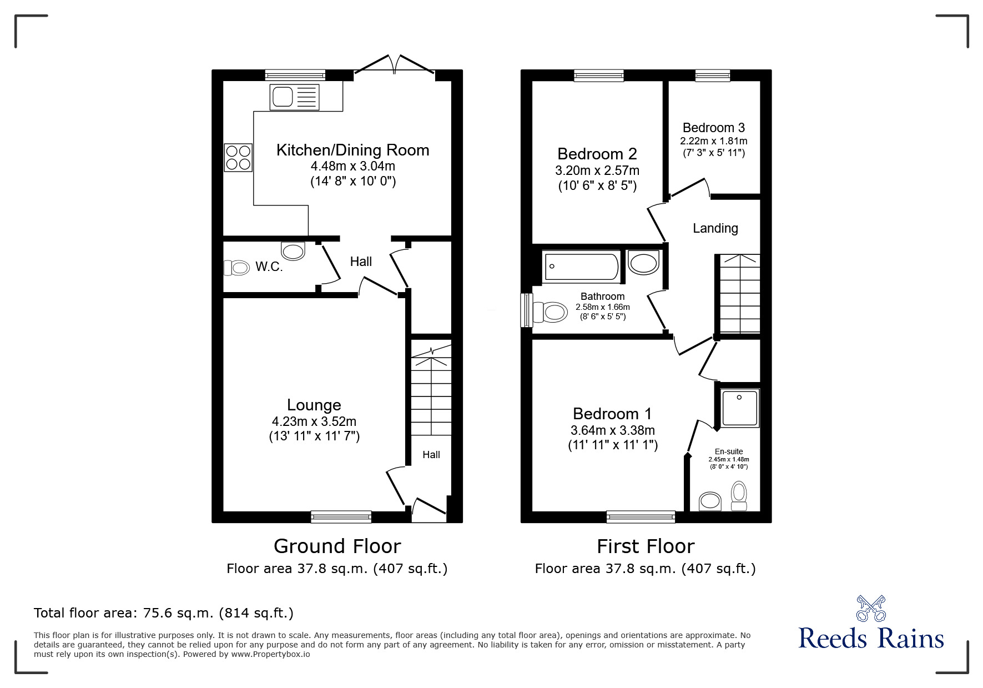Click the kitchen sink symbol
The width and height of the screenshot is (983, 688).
pos(294,97)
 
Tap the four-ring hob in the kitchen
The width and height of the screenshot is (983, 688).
pos(238,157)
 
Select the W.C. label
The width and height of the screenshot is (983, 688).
pos(269,267)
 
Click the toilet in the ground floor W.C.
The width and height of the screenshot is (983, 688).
pos(237,268)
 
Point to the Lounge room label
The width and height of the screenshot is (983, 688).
pos(314,405)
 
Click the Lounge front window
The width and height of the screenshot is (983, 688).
pos(341,517)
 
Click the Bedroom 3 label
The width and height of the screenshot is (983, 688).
pos(713,128)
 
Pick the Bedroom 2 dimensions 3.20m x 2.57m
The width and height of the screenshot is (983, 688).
pos(597,170)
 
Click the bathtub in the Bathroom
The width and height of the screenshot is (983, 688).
pos(581,267)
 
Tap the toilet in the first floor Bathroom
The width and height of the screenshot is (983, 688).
pos(550,312)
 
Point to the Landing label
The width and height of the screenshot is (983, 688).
pos(715,228)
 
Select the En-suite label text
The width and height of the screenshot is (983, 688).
pos(728,451)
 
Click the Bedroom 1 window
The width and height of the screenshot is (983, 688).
pos(641,517)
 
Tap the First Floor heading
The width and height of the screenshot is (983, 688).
pos(645,546)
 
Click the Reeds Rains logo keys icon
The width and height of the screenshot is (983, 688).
pos(871,609)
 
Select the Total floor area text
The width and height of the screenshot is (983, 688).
pos(164,613)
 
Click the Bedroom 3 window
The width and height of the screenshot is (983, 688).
pos(713,76)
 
